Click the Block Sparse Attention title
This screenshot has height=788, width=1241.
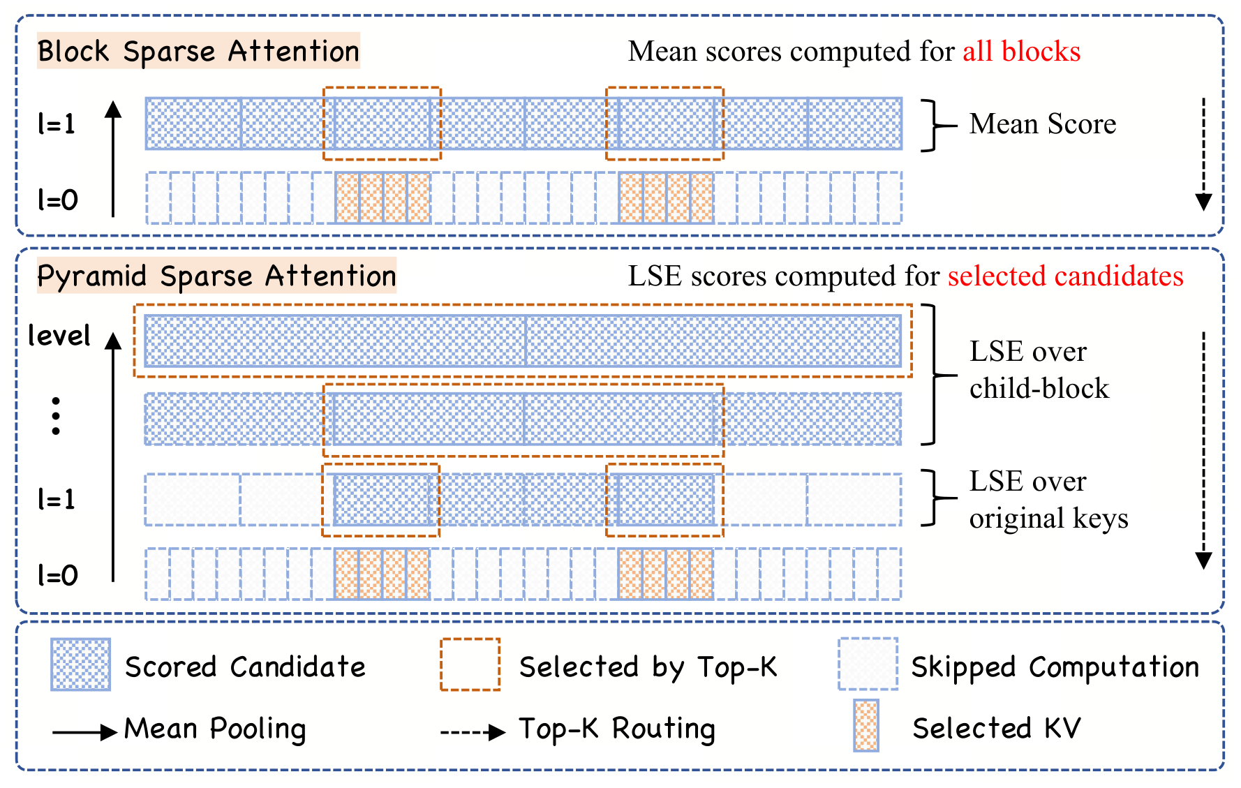(198, 51)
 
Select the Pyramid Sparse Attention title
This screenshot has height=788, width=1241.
(216, 276)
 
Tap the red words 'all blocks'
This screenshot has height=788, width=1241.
(1021, 51)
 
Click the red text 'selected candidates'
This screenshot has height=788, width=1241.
(1065, 276)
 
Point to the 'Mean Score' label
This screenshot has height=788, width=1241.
(1043, 124)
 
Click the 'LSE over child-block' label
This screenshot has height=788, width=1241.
(1039, 370)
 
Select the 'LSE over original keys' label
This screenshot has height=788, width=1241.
(1048, 500)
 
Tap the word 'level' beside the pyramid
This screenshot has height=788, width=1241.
(59, 336)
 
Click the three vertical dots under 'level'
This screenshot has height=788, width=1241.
(56, 416)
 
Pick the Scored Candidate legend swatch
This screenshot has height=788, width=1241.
(80, 664)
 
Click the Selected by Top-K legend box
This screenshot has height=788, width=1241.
(470, 664)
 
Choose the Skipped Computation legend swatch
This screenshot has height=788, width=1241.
(868, 664)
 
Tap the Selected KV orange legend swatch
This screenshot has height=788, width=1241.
(866, 725)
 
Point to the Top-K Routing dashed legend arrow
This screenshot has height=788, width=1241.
(473, 732)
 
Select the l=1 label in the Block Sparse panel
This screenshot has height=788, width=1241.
(57, 124)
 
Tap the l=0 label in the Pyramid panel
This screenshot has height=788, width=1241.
(57, 575)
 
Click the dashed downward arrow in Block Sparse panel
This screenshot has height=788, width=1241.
(1203, 154)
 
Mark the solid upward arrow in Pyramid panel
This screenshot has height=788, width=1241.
(113, 457)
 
